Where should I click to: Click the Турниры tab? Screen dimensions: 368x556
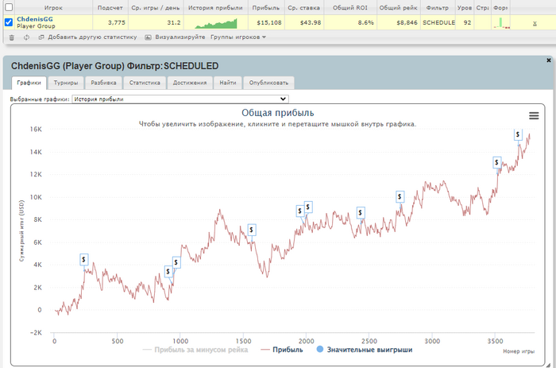pos(67,82)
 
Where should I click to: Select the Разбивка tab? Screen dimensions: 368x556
pos(103,82)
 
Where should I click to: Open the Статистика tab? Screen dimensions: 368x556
pos(145,82)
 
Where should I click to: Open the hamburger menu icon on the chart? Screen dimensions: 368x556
pos(534,116)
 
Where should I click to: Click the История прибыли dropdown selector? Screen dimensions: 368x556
pos(180,99)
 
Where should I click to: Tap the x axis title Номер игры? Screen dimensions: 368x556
pos(519,351)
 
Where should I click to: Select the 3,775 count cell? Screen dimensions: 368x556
pos(116,23)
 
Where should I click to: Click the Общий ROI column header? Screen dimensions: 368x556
pos(349,6)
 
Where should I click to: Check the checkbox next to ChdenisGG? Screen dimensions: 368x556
pos(9,23)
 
